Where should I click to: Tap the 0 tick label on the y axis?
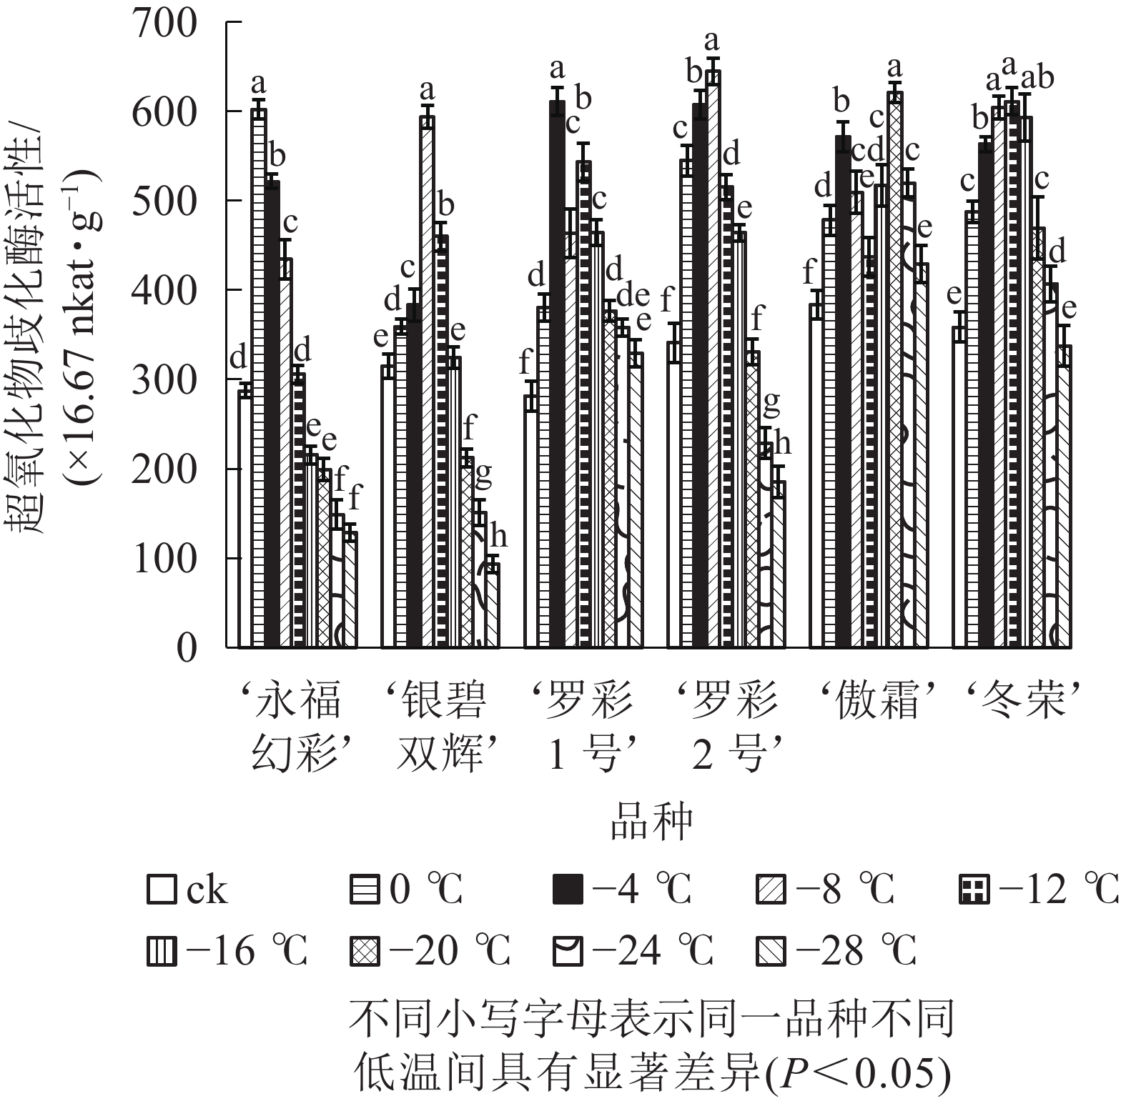click(x=186, y=649)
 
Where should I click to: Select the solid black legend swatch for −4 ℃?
click(x=568, y=890)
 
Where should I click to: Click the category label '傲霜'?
click(x=876, y=702)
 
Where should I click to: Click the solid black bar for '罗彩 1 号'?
click(x=557, y=374)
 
